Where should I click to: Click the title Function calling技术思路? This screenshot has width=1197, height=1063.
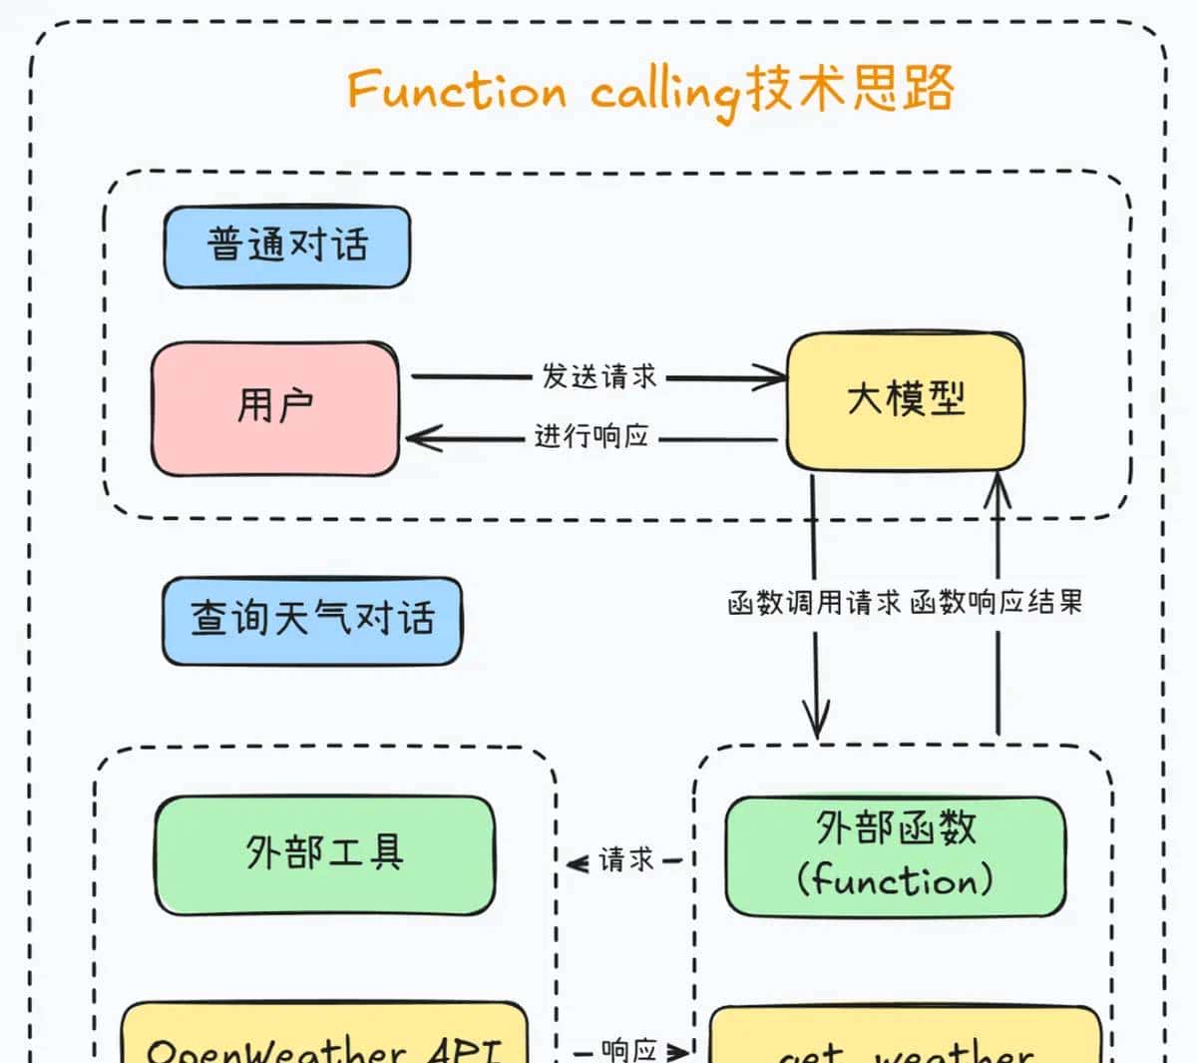click(x=650, y=90)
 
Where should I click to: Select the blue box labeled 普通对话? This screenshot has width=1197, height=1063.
click(x=287, y=247)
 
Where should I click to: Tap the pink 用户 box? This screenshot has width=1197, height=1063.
click(x=275, y=408)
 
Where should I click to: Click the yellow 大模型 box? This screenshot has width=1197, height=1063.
click(x=905, y=401)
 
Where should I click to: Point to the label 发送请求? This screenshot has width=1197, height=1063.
click(x=599, y=376)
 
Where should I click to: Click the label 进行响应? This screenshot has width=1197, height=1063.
click(x=593, y=437)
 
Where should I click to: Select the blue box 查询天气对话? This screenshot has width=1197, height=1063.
click(x=312, y=620)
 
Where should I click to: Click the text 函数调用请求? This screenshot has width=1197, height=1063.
click(x=814, y=603)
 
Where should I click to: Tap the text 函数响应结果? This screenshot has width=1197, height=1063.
click(x=996, y=603)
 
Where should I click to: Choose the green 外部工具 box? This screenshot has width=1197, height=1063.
click(x=324, y=854)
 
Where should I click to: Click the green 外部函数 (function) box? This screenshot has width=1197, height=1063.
click(x=895, y=856)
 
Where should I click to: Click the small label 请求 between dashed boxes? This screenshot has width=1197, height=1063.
click(x=626, y=860)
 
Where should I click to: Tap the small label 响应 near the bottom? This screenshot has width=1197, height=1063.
click(x=629, y=1050)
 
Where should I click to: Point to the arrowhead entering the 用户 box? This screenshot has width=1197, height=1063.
click(x=419, y=438)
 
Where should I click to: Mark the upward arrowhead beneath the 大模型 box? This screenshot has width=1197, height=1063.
click(x=997, y=489)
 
